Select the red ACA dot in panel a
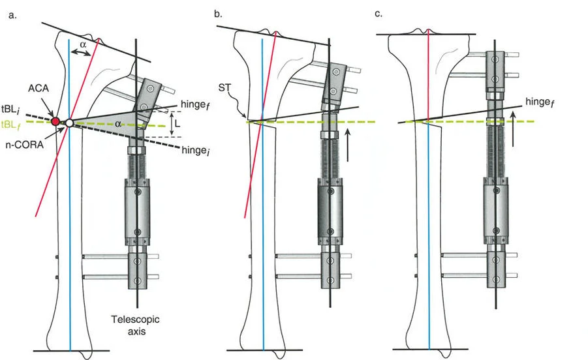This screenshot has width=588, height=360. pyautogui.click(x=55, y=121)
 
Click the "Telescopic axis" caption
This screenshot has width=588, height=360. pyautogui.click(x=132, y=325)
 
